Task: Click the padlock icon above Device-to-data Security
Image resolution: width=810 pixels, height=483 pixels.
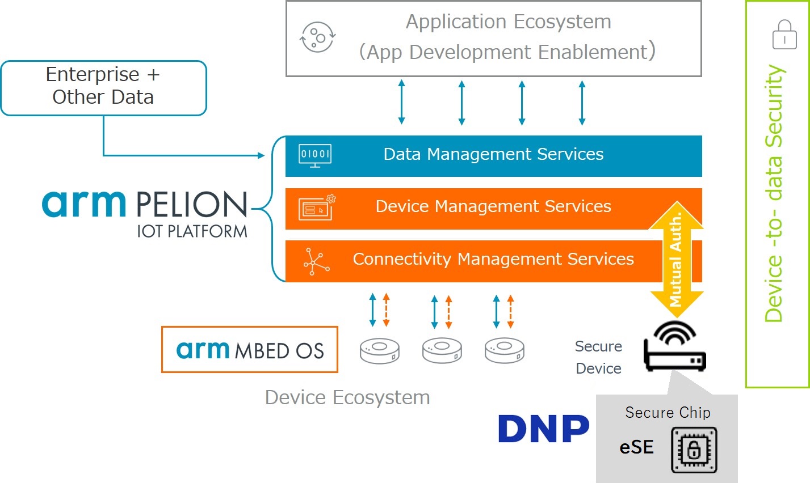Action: coord(784,35)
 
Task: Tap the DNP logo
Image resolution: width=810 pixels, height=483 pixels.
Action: coord(543,429)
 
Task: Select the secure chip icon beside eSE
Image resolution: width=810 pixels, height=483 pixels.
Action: coord(694,450)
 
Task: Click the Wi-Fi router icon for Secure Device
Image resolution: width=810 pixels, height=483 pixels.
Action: coord(674,347)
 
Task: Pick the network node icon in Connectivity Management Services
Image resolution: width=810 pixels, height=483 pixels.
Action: coord(316,261)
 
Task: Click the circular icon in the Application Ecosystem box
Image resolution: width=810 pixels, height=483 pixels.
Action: coord(317,38)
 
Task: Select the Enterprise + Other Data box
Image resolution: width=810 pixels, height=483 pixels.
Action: coord(103,88)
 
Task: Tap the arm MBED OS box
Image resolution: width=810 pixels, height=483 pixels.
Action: coord(250,350)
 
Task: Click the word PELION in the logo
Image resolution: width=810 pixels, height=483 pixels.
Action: coord(191,205)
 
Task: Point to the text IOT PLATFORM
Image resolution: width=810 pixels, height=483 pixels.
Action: coord(192,231)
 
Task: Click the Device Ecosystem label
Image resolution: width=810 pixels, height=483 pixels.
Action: coord(347,397)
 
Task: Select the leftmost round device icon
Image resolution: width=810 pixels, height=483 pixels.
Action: coord(380,350)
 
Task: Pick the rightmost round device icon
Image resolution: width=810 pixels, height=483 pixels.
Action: coord(504,350)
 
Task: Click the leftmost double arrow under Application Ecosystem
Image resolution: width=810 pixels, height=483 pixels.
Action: coord(401,102)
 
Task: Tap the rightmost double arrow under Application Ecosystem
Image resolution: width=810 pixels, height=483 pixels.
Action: coord(582,102)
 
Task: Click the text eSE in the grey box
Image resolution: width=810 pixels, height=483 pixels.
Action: coord(636,447)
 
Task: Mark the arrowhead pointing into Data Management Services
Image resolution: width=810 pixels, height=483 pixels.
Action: coord(262,155)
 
